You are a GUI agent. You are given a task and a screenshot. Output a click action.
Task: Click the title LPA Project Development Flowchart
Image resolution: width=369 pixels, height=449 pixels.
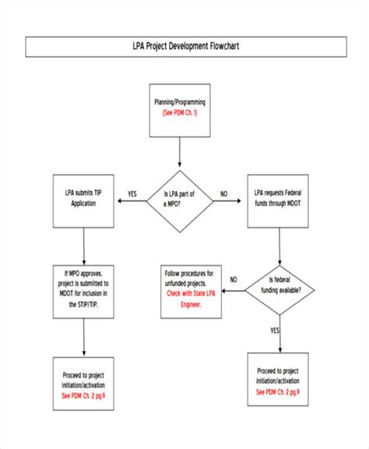point(184,47)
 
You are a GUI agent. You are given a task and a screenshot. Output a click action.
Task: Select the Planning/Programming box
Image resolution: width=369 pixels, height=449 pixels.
point(180,108)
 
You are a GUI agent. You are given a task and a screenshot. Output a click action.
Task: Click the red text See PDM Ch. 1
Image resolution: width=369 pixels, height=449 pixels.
point(180,113)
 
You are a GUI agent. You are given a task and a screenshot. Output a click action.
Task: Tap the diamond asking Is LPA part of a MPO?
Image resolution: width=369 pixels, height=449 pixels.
point(181,200)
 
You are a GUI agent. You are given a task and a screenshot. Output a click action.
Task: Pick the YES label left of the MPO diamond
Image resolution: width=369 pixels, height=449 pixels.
point(132,193)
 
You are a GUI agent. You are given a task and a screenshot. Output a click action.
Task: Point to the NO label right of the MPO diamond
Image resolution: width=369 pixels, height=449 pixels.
point(224,193)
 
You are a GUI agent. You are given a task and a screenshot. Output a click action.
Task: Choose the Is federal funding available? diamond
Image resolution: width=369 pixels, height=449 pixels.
point(279,289)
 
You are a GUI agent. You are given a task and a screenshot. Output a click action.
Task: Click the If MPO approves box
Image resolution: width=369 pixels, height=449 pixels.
point(84,289)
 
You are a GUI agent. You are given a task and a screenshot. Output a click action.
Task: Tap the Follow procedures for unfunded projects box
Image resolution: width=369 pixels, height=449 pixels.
point(189,289)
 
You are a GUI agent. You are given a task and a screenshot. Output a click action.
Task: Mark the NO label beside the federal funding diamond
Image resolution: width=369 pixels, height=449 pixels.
point(234,279)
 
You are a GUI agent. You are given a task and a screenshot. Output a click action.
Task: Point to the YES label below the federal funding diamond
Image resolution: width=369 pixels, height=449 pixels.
point(274,330)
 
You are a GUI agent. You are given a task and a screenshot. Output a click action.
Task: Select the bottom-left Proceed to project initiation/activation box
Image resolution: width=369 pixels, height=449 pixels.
point(84,373)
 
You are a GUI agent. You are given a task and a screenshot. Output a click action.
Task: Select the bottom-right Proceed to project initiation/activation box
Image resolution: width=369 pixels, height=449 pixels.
point(279,369)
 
